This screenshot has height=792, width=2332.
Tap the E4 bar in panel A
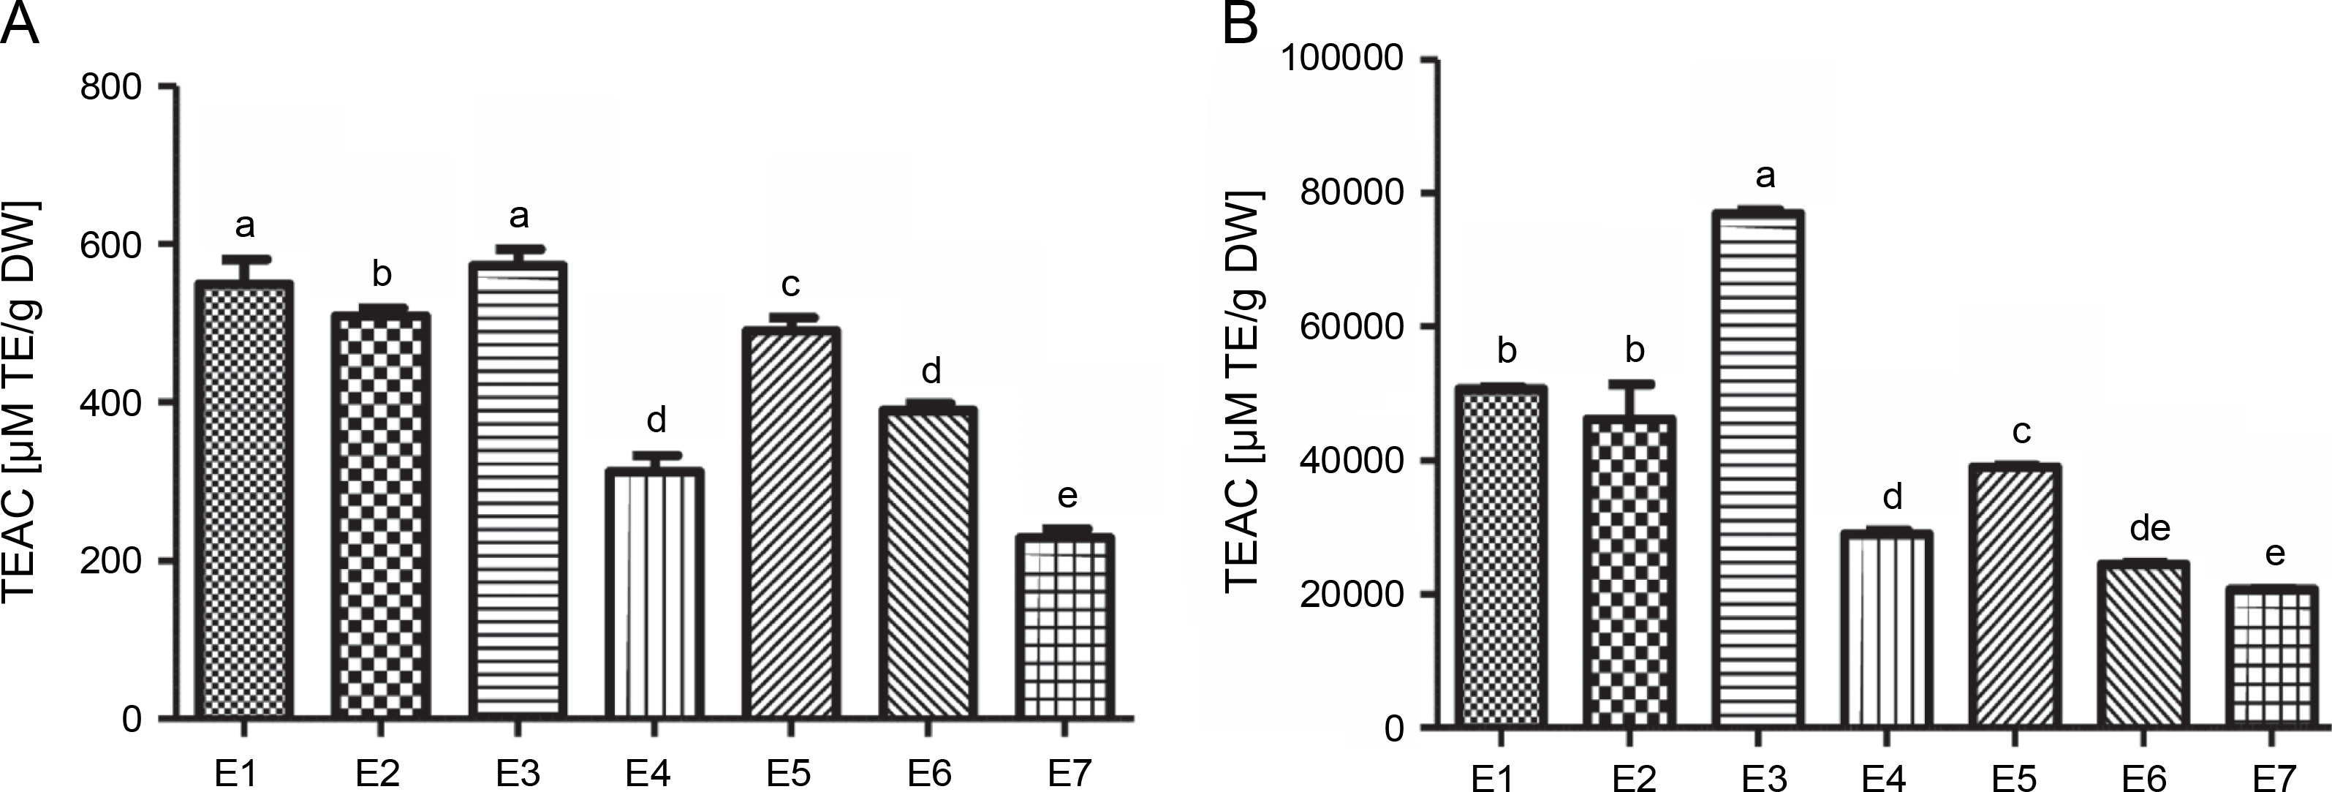pyautogui.click(x=656, y=594)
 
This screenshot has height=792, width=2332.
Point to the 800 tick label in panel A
pyautogui.click(x=110, y=88)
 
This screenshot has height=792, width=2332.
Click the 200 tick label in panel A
pyautogui.click(x=110, y=561)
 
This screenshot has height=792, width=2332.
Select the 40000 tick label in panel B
pyautogui.click(x=1349, y=461)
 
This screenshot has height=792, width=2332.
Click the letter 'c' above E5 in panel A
pyautogui.click(x=790, y=285)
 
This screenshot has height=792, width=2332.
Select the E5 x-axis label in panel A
pyautogui.click(x=790, y=774)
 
